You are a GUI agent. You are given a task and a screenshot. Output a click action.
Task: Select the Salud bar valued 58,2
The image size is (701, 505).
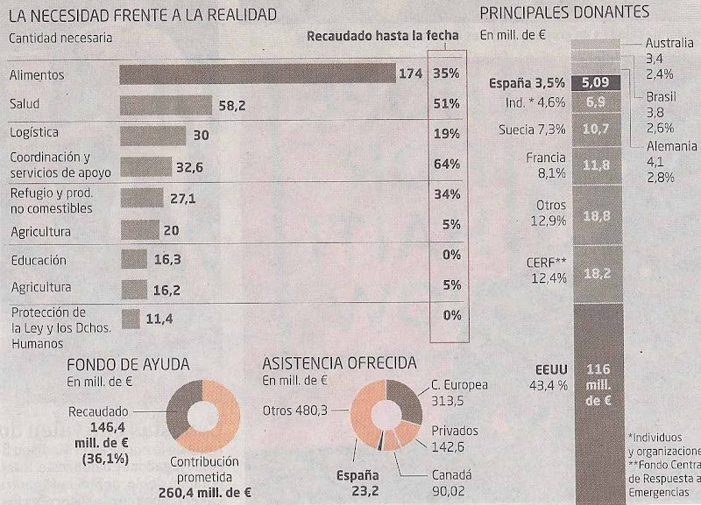point(166,104)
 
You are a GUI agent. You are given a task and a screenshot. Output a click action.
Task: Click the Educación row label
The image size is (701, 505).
point(38,260)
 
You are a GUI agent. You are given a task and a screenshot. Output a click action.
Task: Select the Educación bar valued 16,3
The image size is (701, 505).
point(133,260)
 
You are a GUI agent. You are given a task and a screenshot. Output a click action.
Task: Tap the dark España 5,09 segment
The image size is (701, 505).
point(595,85)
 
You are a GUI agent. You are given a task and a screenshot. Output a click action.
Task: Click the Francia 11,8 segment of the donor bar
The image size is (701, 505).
point(595,165)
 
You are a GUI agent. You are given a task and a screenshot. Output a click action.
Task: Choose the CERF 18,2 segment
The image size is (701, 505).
point(595,273)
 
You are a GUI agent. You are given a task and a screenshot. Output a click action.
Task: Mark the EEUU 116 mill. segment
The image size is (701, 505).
point(595,385)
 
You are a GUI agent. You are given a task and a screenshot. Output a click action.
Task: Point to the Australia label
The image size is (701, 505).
point(670,43)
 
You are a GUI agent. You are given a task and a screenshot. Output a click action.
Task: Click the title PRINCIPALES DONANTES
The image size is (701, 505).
point(564,12)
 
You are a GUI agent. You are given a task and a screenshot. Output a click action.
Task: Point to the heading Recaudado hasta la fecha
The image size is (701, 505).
point(383,36)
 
